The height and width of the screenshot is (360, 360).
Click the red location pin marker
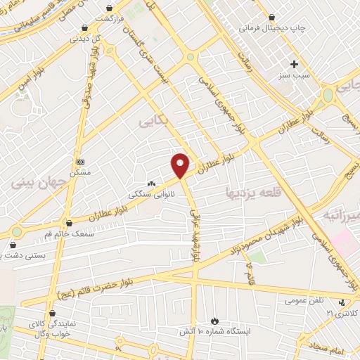pos(181,165)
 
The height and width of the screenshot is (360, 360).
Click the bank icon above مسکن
pos(80,162)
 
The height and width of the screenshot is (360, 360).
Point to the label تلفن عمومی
pos(304,300)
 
